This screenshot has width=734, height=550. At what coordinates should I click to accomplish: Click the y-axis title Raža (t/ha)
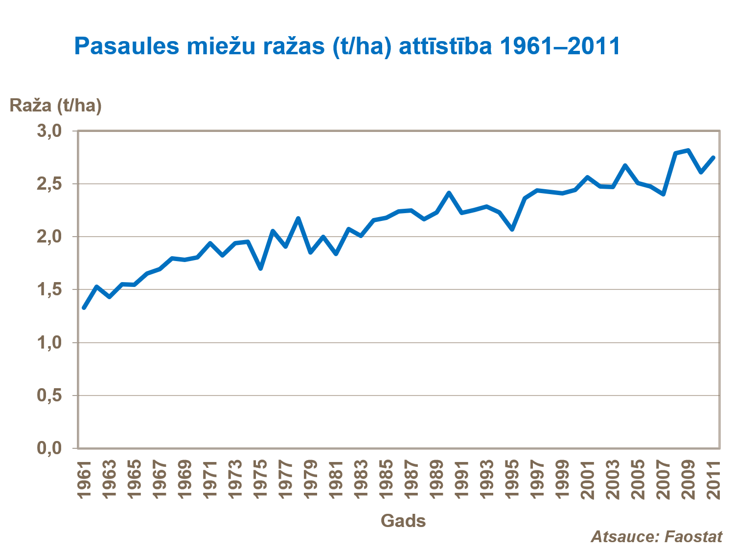(x=55, y=105)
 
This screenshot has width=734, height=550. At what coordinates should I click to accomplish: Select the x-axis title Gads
(x=403, y=521)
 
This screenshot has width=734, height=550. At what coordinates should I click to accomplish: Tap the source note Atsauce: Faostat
(x=656, y=536)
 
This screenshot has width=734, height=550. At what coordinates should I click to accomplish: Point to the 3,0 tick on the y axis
(x=49, y=131)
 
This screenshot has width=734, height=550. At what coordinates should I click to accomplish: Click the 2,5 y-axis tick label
(x=49, y=184)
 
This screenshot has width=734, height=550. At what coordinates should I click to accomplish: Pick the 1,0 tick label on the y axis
(x=49, y=343)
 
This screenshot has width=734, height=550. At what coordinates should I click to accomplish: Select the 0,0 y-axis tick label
(x=49, y=448)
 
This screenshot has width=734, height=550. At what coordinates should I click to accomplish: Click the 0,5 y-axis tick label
(x=49, y=395)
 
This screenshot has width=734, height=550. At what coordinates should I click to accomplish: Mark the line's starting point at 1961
(x=84, y=308)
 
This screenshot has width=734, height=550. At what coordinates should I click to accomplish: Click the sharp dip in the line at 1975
(x=260, y=268)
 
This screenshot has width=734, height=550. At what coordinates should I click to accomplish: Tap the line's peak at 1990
(x=449, y=193)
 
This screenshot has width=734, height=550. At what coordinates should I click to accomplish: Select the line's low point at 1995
(x=512, y=229)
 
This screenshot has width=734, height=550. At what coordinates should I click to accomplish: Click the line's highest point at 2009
(x=688, y=150)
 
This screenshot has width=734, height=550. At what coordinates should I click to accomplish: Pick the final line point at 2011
(x=713, y=157)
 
